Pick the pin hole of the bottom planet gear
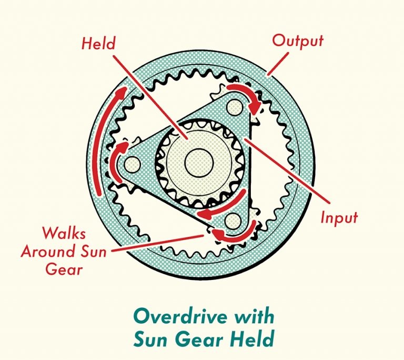point(232,221)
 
